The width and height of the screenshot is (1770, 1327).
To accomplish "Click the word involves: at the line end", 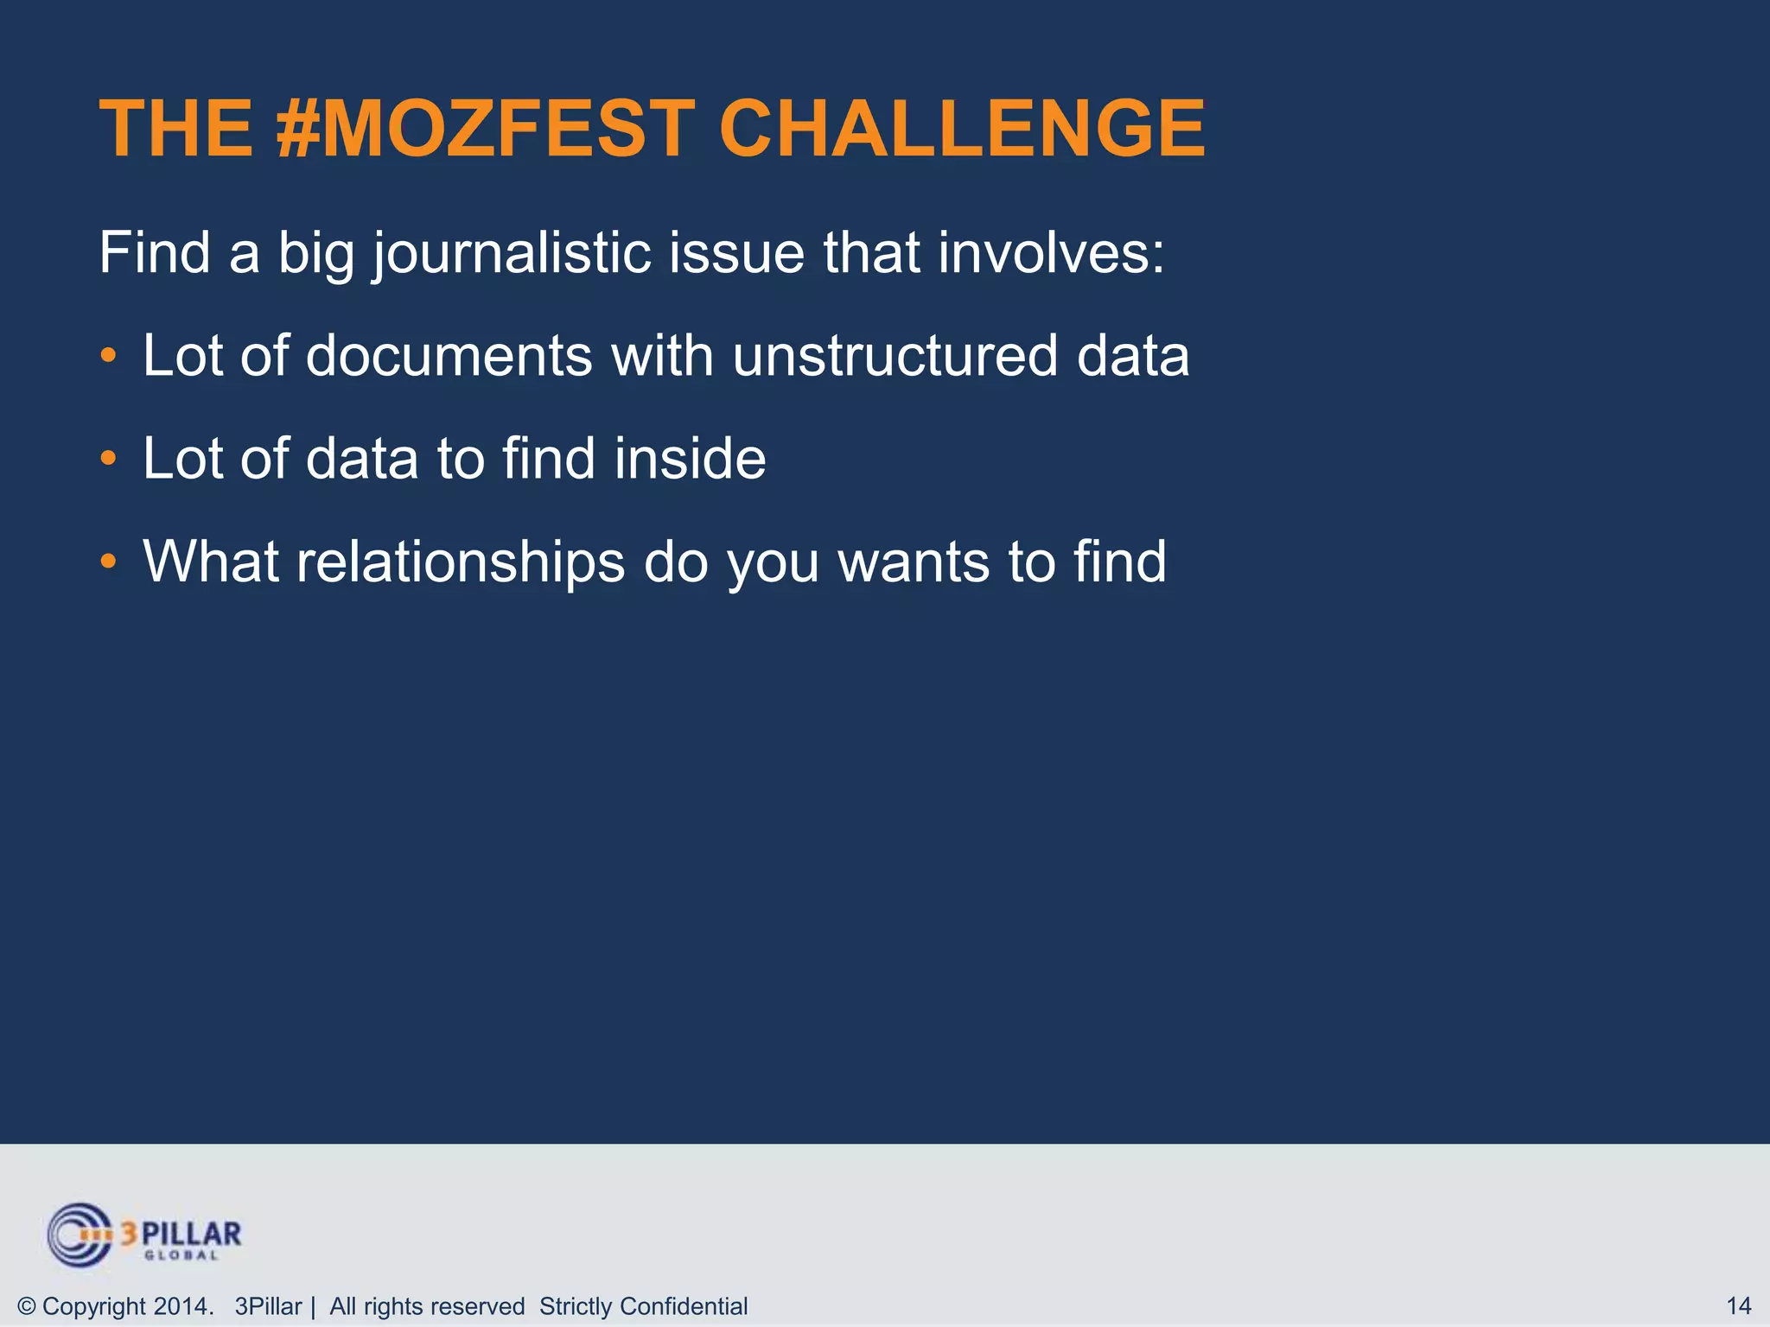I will coord(1051,253).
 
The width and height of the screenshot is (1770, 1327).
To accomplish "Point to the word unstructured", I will coord(895,355).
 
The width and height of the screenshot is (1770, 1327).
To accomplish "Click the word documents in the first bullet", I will coord(449,355).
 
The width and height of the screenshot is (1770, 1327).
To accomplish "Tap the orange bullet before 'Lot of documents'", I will coord(107,355).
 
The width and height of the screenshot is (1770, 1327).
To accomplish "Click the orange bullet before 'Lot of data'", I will coord(107,458).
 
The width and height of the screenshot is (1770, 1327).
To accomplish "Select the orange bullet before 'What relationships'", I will coord(107,562).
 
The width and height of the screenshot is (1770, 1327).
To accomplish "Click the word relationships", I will coord(461,562).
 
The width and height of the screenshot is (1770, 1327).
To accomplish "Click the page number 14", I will coord(1738,1306).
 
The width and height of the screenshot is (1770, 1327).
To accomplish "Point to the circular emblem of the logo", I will coord(80,1235).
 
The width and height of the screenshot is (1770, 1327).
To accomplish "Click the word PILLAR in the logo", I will coord(192,1233).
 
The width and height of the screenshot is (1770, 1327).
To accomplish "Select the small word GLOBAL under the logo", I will coord(181,1255).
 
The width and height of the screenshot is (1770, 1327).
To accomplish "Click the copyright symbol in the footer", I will coord(26,1306).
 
